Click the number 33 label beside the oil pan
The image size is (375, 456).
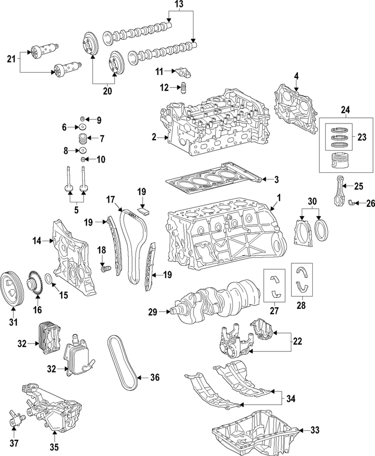coord(315,430)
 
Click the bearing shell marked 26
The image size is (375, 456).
coord(353,203)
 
